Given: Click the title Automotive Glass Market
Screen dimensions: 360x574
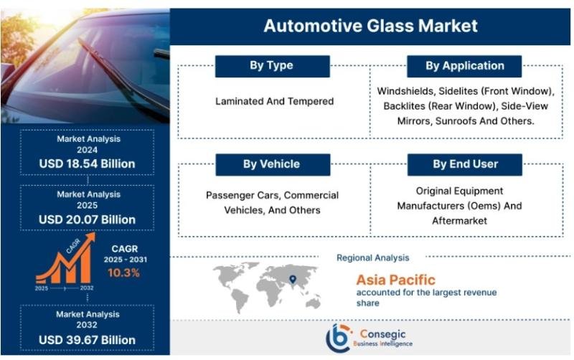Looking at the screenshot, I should click(x=370, y=27).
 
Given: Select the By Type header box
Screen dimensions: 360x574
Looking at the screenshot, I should click(x=271, y=66).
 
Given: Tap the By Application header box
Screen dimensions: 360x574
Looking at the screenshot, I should click(x=464, y=66).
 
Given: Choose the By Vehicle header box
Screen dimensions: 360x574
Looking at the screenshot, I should click(x=271, y=164).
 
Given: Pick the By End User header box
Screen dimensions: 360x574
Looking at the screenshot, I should click(x=464, y=164).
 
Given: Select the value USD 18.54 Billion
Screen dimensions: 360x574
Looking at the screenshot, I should click(x=87, y=164).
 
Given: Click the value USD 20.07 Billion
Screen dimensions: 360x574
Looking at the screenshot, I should click(x=87, y=219).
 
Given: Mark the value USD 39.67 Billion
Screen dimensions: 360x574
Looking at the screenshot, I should click(x=87, y=338).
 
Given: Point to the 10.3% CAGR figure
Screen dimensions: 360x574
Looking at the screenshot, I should click(x=123, y=273).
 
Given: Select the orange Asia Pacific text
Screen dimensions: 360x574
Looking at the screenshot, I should click(x=395, y=279).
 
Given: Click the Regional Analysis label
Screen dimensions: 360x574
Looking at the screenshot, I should click(x=372, y=257).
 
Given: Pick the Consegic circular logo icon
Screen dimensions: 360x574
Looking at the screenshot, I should click(x=339, y=337).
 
